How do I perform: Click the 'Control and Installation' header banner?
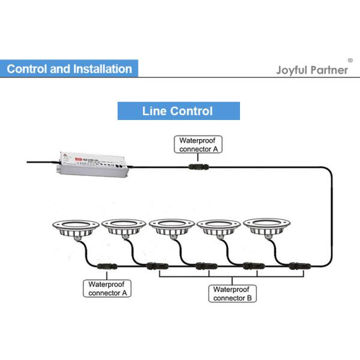tap(69, 68)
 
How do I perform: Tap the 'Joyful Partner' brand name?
tap(311, 70)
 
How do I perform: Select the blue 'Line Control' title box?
tap(178, 111)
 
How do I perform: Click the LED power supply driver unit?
tap(92, 163)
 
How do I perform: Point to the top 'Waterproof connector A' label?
tap(196, 145)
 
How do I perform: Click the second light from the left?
tap(124, 227)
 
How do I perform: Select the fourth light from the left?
tap(218, 227)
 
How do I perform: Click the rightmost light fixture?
tap(265, 227)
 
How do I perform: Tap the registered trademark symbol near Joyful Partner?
tap(350, 61)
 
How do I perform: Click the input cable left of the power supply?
tap(42, 161)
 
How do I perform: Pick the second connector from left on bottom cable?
tap(154, 266)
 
